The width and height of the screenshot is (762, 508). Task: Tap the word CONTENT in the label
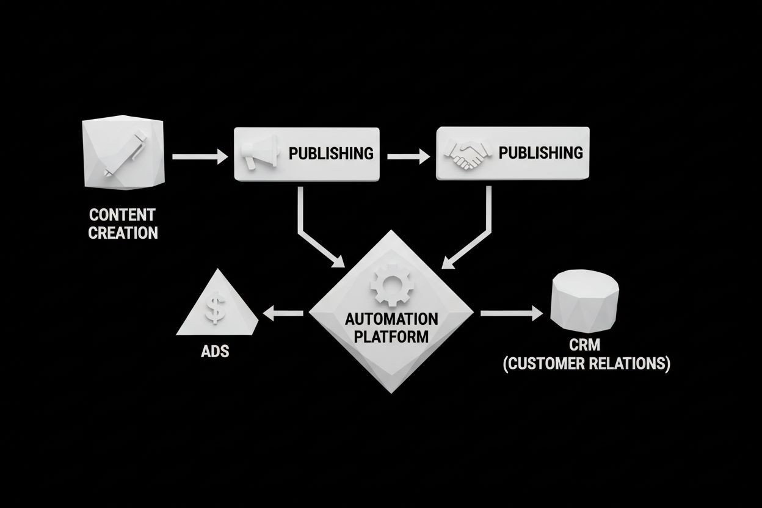(x=122, y=215)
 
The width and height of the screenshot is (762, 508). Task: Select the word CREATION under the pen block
(x=123, y=233)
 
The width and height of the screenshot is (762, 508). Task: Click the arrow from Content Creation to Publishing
(x=199, y=157)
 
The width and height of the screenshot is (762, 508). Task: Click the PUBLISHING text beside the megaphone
(x=330, y=153)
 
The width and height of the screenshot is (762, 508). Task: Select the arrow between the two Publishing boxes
(x=408, y=157)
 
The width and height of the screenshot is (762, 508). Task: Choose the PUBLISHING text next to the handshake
(x=540, y=152)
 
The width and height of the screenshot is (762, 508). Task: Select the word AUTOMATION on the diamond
(x=391, y=319)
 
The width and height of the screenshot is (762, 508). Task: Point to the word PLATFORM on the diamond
(x=391, y=336)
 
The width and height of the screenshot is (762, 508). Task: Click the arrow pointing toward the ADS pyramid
(x=282, y=314)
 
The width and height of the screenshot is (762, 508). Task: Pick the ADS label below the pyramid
(x=214, y=352)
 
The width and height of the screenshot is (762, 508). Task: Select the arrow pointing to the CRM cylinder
(x=510, y=314)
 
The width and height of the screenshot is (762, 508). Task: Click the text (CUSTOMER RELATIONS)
(x=586, y=365)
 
